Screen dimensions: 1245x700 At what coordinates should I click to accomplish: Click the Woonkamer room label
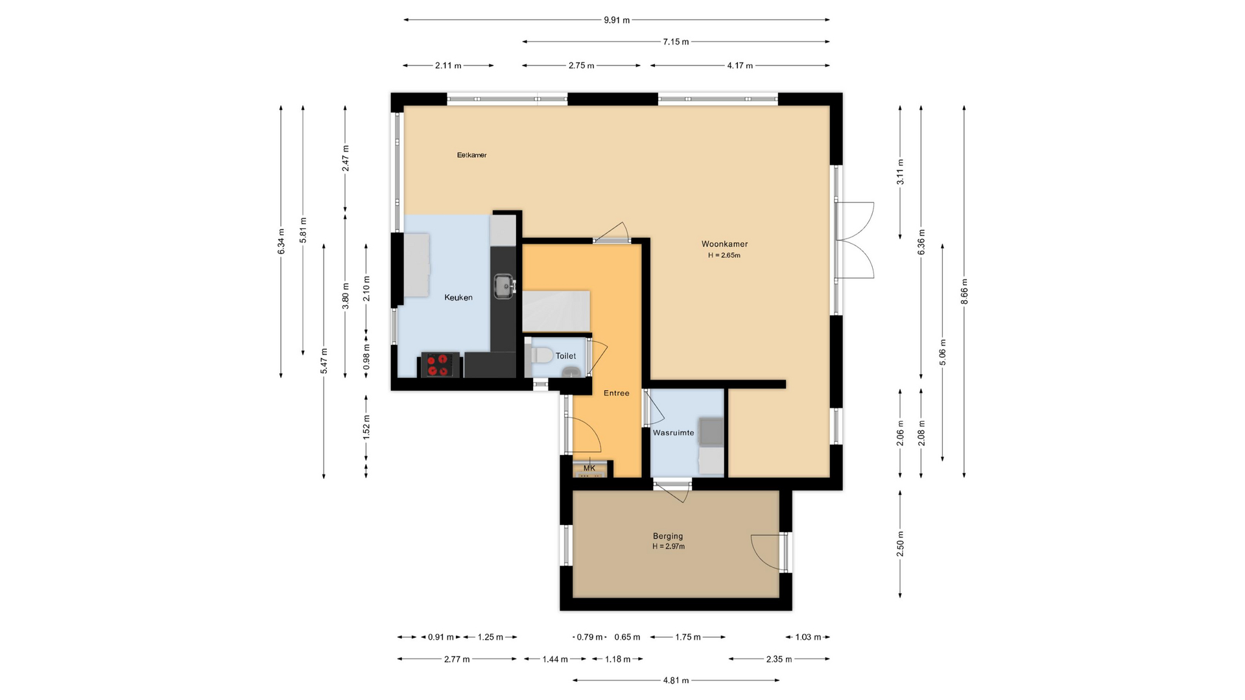[x=724, y=244]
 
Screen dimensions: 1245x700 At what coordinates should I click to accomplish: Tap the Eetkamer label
[x=471, y=156]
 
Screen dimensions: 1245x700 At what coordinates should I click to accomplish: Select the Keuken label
[x=458, y=297]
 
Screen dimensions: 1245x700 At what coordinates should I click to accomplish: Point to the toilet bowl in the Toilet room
[x=542, y=355]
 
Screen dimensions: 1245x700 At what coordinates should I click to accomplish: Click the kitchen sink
[x=504, y=286]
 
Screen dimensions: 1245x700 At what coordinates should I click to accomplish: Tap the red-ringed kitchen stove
[x=440, y=364]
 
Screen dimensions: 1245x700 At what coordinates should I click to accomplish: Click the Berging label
[x=668, y=536]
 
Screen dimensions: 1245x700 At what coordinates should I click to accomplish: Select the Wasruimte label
[x=674, y=433]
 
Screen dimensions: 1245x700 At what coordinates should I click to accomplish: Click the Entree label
[x=616, y=393]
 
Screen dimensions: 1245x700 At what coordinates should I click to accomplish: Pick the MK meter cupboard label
[x=589, y=468]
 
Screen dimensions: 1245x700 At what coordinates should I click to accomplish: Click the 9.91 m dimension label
[x=617, y=20]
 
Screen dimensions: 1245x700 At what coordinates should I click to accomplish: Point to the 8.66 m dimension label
[x=964, y=291]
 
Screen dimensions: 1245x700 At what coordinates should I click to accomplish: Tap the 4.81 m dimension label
[x=676, y=681]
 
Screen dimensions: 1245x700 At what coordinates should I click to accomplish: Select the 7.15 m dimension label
[x=676, y=42]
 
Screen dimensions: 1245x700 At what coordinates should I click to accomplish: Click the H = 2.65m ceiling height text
[x=724, y=255]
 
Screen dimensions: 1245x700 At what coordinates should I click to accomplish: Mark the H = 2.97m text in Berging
[x=669, y=546]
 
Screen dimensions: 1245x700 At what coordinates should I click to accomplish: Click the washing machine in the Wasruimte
[x=711, y=432]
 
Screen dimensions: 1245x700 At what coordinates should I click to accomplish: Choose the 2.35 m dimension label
[x=779, y=659]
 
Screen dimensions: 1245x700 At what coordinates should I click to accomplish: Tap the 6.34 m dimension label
[x=281, y=242]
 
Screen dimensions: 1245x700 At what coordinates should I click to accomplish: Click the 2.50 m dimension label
[x=900, y=544]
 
